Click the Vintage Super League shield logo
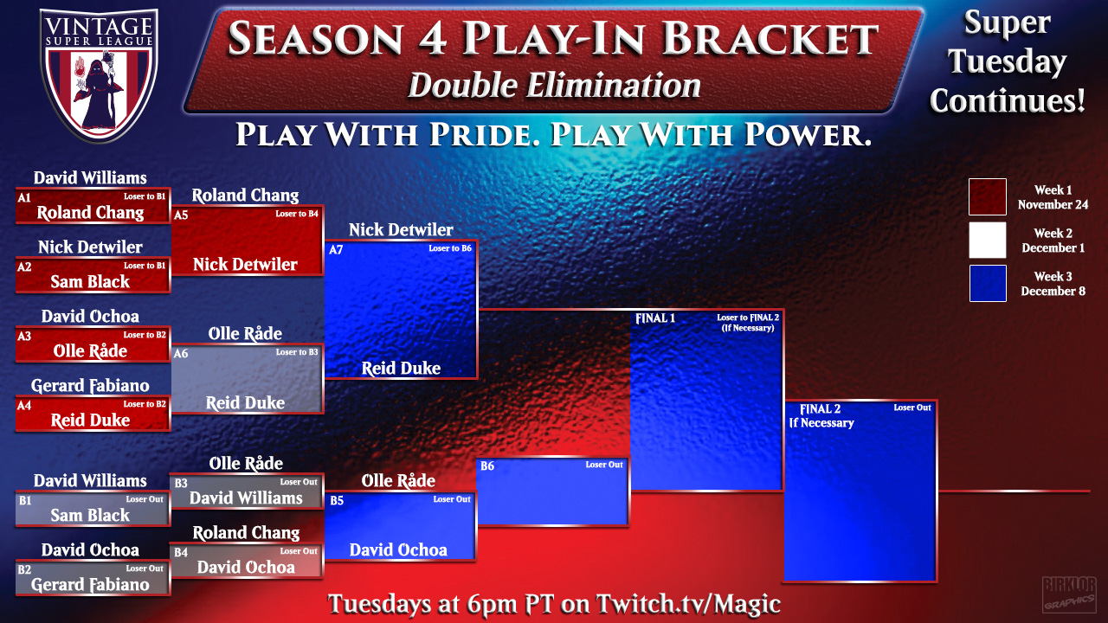(x=100, y=74)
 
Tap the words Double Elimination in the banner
(x=555, y=86)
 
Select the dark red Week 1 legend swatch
(x=988, y=196)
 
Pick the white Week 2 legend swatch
(x=988, y=240)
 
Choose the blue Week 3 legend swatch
(x=988, y=283)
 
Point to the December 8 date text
(x=1053, y=292)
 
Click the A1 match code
(x=24, y=198)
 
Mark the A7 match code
(x=336, y=250)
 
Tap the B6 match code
(x=487, y=466)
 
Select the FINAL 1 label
(x=655, y=318)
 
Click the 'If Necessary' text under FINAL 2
(x=821, y=423)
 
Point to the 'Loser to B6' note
(x=450, y=248)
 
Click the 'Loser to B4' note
(x=297, y=214)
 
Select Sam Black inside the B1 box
(x=90, y=515)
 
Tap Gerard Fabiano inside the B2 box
(x=90, y=584)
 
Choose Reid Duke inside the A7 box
(x=401, y=368)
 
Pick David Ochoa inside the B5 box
(x=398, y=549)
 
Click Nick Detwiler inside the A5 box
(x=245, y=265)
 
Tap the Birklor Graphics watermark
(x=1069, y=594)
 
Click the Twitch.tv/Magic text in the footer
(x=688, y=604)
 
